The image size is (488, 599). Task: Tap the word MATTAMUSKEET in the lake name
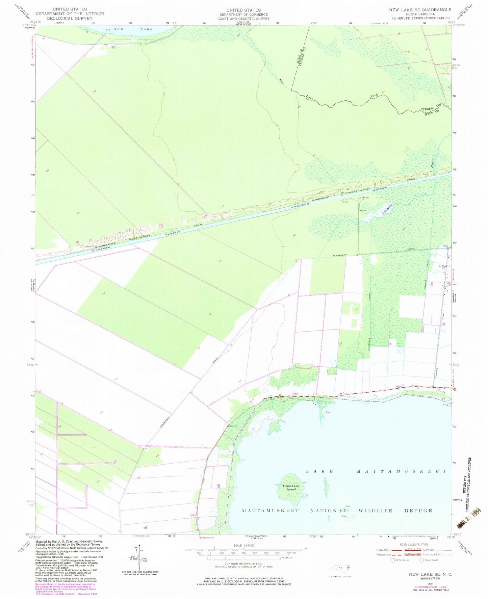click(x=402, y=471)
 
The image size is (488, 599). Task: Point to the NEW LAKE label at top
click(x=133, y=29)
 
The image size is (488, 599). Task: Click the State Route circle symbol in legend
click(x=422, y=560)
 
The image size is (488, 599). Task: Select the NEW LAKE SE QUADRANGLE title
click(x=420, y=10)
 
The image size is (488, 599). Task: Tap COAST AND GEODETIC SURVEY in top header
click(x=243, y=19)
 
